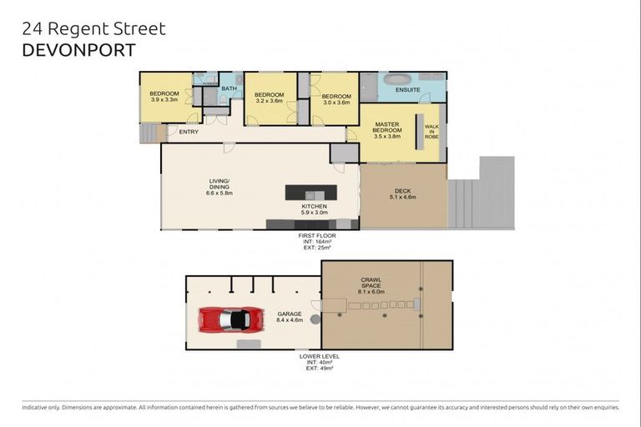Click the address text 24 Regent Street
click(93, 29)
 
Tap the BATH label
click(228, 88)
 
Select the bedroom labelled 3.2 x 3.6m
click(270, 99)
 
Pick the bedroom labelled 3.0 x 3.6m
click(336, 99)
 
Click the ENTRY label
click(189, 132)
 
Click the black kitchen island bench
click(311, 192)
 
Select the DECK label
click(403, 193)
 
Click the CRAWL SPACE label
click(371, 285)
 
